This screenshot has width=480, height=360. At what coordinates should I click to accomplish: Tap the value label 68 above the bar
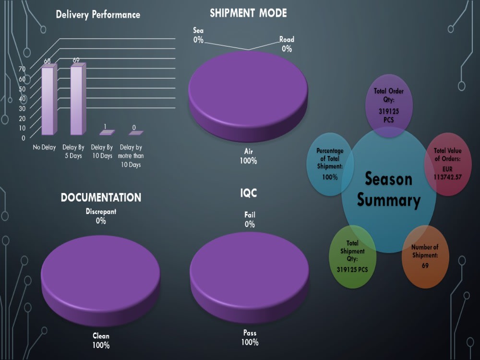pyautogui.click(x=47, y=61)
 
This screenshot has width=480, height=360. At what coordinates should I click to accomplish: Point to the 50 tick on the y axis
pyautogui.click(x=22, y=89)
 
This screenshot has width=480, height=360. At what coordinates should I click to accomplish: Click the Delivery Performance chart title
pyautogui.click(x=98, y=14)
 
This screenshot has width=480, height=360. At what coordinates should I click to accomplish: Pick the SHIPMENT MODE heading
pyautogui.click(x=248, y=13)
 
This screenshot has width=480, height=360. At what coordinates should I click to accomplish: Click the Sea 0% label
pyautogui.click(x=198, y=35)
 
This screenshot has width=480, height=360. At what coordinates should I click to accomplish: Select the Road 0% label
pyautogui.click(x=287, y=44)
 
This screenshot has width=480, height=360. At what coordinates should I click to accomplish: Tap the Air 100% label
pyautogui.click(x=248, y=156)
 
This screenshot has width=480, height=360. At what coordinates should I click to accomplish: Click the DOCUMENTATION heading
pyautogui.click(x=101, y=197)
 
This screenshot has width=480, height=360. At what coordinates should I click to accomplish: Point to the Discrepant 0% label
pyautogui.click(x=101, y=216)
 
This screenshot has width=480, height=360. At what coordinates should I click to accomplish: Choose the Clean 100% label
pyautogui.click(x=101, y=340)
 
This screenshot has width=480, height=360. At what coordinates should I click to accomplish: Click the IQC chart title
pyautogui.click(x=248, y=193)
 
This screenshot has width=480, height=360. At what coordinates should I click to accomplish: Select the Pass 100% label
pyautogui.click(x=250, y=337)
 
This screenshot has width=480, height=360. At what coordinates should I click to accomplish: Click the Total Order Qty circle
pyautogui.click(x=389, y=106)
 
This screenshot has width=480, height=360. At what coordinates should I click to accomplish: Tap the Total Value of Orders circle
pyautogui.click(x=447, y=164)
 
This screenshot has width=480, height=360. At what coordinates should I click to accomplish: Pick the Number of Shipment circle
pyautogui.click(x=425, y=256)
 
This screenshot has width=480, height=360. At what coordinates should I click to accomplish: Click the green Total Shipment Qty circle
pyautogui.click(x=352, y=256)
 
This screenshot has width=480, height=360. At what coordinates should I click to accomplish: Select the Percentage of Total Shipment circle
pyautogui.click(x=330, y=164)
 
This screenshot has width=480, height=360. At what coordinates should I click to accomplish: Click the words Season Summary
pyautogui.click(x=389, y=190)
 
